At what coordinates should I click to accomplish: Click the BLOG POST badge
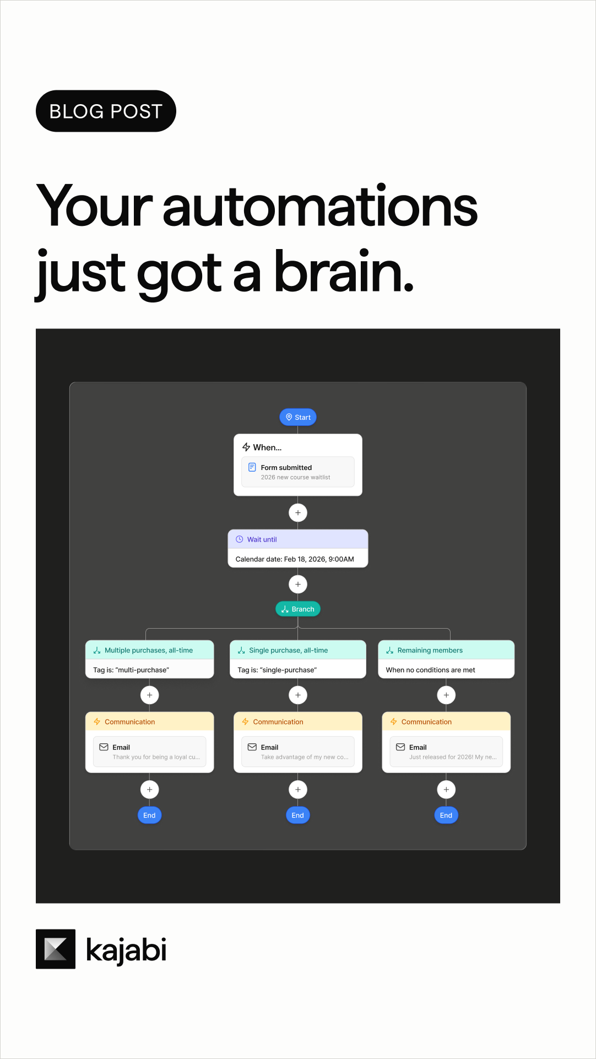[106, 111]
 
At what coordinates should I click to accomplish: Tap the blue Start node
[298, 417]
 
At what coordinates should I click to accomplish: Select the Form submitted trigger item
[298, 472]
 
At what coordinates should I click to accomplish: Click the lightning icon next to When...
[246, 447]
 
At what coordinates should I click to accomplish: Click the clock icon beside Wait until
[240, 539]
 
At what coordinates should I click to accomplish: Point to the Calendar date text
[295, 559]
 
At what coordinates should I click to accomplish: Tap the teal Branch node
[298, 609]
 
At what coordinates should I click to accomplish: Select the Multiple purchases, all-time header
[149, 650]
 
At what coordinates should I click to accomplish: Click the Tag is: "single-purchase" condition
[277, 670]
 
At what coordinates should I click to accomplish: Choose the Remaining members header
[446, 650]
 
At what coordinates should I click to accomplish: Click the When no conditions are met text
[431, 670]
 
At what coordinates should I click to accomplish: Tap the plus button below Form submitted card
[298, 513]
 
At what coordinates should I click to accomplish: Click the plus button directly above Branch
[298, 584]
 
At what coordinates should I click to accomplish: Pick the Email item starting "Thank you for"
[149, 752]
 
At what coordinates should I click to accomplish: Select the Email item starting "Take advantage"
[298, 752]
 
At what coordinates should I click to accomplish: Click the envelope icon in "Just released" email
[400, 747]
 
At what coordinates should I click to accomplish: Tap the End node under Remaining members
[446, 815]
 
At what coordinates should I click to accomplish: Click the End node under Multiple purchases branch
[149, 815]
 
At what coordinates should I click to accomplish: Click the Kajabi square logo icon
[56, 949]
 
